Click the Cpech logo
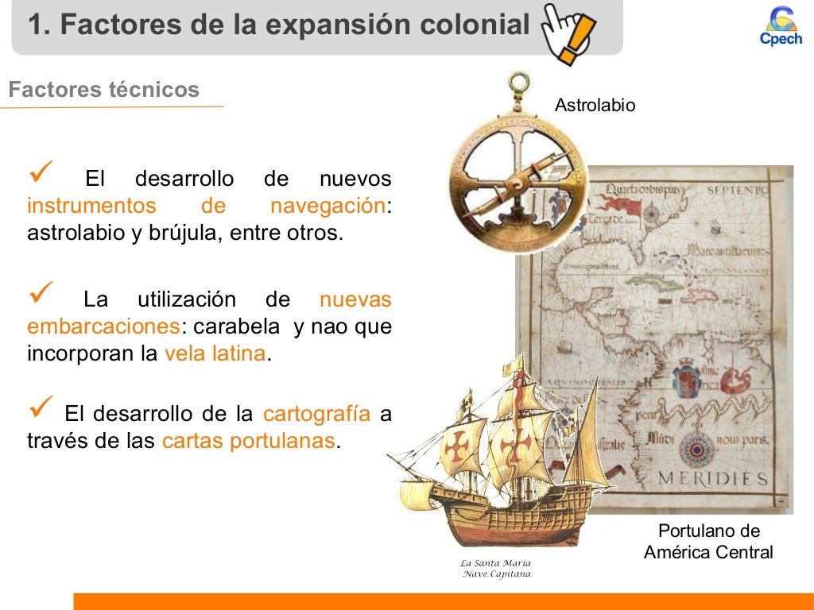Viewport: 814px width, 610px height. click(781, 27)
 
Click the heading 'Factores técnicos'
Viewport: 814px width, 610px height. click(103, 90)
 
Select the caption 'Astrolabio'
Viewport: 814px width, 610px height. click(595, 105)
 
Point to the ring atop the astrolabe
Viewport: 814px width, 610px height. click(519, 82)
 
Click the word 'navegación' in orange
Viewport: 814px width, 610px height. click(328, 206)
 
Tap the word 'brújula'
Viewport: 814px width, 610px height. click(183, 234)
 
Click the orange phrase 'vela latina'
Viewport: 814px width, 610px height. click(215, 353)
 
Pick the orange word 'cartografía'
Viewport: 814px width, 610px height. click(316, 414)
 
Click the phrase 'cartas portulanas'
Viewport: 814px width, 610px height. click(248, 441)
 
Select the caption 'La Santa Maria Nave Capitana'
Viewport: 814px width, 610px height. click(496, 568)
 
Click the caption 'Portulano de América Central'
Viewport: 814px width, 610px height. click(708, 542)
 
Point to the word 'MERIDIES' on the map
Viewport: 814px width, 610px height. click(712, 479)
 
